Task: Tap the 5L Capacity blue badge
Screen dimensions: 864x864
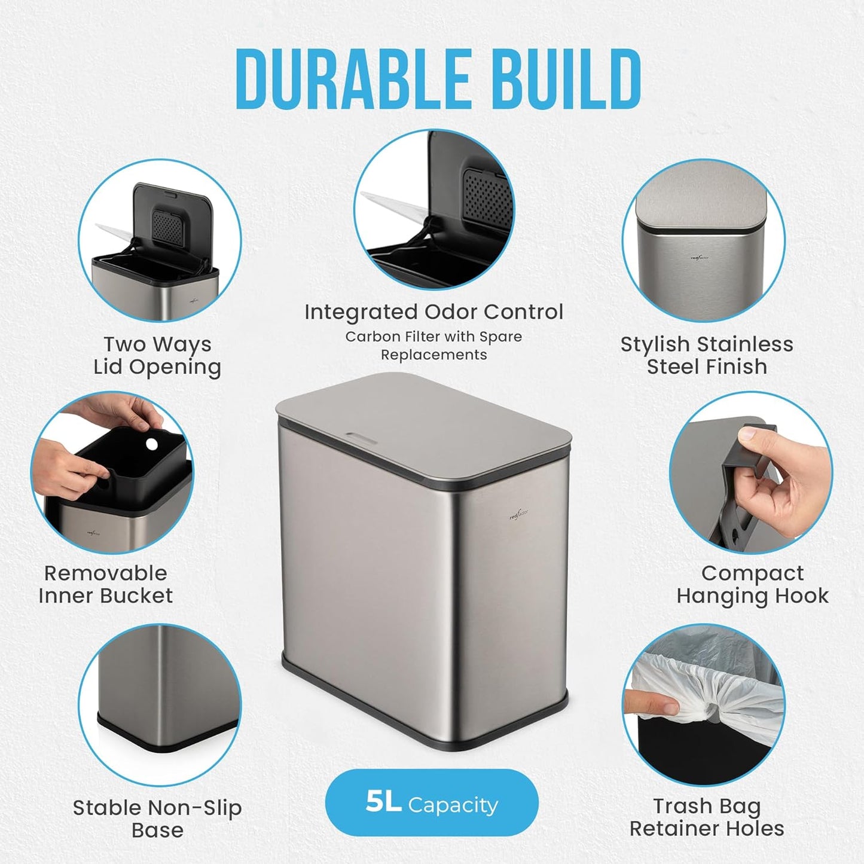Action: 431,804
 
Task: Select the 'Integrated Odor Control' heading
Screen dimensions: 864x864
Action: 433,312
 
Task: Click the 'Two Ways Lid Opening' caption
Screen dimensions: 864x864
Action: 157,356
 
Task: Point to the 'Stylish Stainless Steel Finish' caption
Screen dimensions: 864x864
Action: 707,356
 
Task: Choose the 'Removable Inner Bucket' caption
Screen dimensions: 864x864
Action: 106,584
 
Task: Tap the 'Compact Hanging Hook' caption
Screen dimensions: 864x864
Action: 752,584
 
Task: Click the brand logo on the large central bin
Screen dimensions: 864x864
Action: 519,515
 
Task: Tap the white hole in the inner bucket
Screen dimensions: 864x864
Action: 152,444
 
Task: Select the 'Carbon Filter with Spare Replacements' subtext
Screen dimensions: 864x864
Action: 433,346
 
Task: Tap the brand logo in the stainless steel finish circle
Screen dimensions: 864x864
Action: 700,258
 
